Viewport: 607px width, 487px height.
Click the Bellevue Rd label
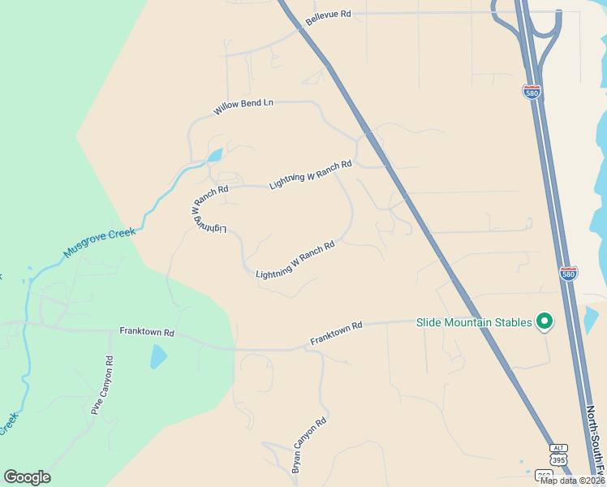coord(329,16)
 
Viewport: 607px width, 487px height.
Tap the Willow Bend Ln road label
coord(243,107)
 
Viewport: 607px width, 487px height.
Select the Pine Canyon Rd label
coord(102,385)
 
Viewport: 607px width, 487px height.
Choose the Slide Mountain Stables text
coord(475,322)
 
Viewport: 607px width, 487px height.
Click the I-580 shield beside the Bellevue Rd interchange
coord(532,92)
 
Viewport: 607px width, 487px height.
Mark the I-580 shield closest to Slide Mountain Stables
coord(569,273)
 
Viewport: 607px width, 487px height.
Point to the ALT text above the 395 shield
coord(557,448)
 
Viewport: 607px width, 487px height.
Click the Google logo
coord(27,477)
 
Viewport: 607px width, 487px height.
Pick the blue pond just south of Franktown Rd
coord(158,356)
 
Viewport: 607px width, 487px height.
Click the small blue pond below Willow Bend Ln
coord(215,154)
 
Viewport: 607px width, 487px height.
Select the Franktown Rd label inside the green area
coord(147,332)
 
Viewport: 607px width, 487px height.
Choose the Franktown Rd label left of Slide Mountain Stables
coord(336,334)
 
